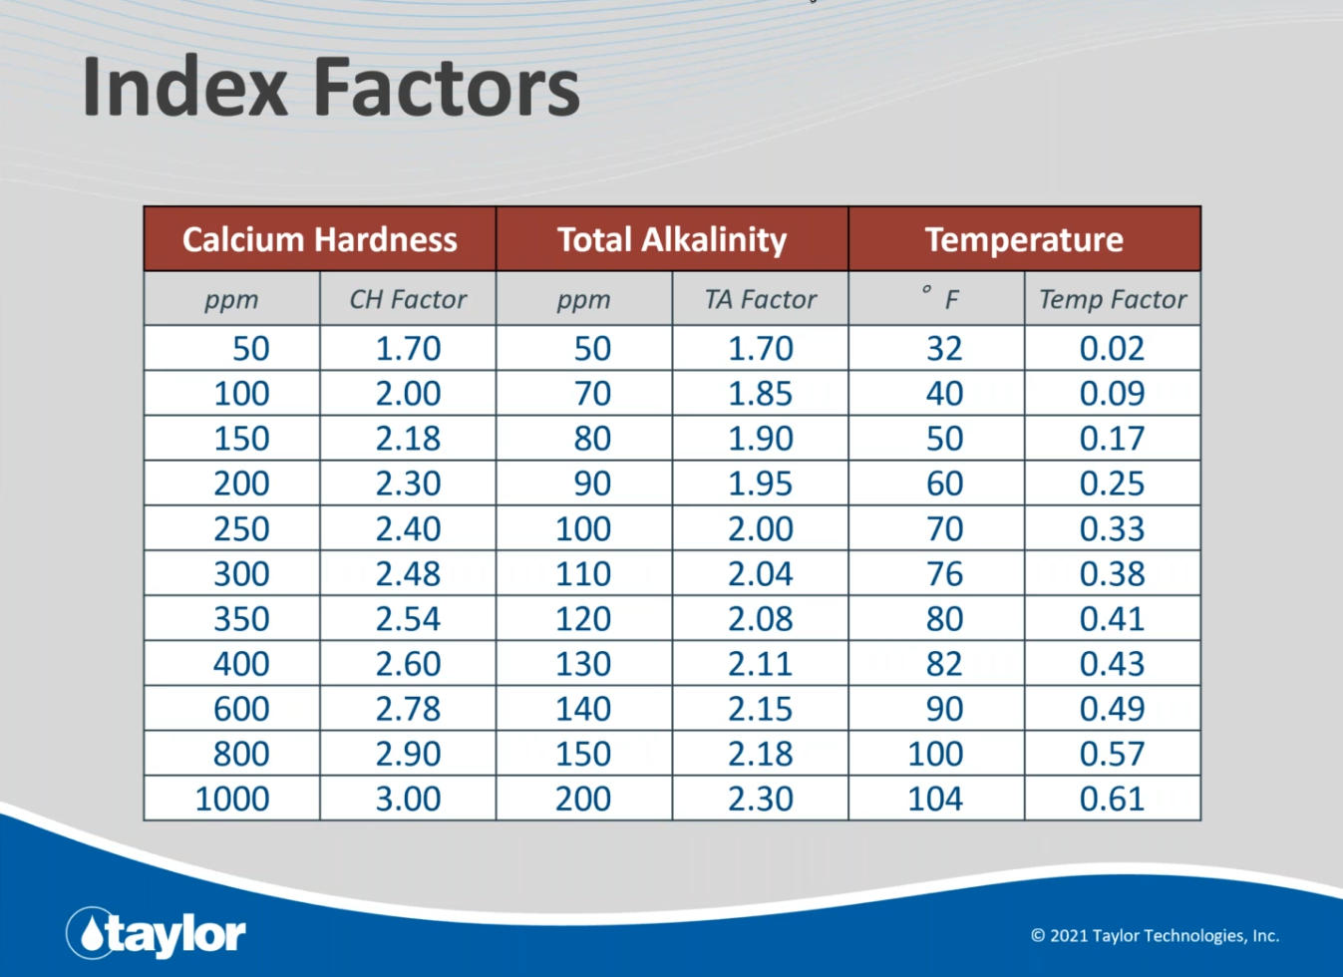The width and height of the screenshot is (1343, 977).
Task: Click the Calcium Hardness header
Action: (x=320, y=239)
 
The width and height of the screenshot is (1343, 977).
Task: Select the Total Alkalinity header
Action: (x=672, y=239)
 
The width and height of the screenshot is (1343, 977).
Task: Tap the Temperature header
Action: (x=1024, y=239)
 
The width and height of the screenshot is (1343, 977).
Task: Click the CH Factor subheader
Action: (x=408, y=299)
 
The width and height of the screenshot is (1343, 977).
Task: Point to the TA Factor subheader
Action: (x=760, y=299)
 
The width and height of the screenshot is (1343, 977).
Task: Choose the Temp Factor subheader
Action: (x=1113, y=299)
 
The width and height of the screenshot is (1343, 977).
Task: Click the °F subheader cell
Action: (x=937, y=298)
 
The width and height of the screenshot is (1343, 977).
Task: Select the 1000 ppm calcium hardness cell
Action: (x=232, y=799)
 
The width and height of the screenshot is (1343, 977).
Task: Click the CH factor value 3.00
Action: (x=408, y=799)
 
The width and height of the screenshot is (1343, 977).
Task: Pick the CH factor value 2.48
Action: (x=408, y=573)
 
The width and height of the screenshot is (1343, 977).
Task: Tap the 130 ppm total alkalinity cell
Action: (x=583, y=664)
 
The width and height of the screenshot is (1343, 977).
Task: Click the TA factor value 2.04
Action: (x=760, y=573)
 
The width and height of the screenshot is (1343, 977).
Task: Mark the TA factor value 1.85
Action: (x=760, y=393)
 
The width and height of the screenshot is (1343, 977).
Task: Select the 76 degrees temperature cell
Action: (x=944, y=573)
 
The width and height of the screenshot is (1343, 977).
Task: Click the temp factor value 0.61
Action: (x=1113, y=799)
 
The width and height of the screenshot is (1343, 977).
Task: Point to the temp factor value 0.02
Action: (x=1113, y=348)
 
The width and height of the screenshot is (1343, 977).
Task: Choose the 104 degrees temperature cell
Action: (x=935, y=799)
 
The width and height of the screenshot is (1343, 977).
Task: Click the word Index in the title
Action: (x=184, y=88)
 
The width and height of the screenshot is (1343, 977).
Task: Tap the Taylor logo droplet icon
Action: (x=91, y=934)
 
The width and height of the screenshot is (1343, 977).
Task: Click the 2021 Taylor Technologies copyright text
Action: (x=1155, y=935)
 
